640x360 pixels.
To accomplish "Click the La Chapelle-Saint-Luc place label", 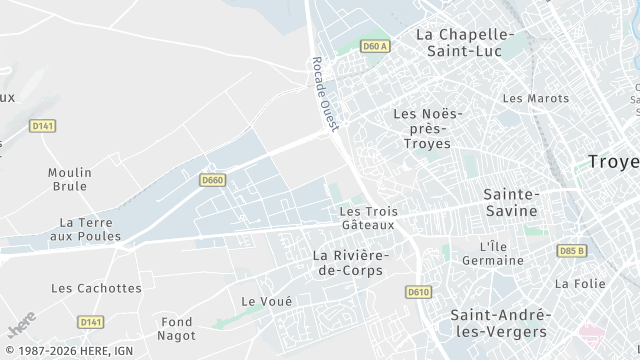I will point(464,42).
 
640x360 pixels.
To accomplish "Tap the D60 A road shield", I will point(374,46).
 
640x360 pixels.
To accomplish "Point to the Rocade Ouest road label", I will point(326,92).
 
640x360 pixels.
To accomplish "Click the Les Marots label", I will point(535,98).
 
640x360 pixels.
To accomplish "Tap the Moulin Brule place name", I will point(69,179).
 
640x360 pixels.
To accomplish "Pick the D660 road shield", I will point(211,180).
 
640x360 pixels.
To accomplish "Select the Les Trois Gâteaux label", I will point(368,218).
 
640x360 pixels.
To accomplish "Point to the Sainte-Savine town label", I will point(510,202).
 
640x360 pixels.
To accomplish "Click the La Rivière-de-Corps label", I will point(350,262).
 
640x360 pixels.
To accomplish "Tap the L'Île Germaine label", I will point(493,253).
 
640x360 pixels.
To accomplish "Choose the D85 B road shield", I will point(572,250).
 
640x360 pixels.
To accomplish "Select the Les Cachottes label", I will point(96,288).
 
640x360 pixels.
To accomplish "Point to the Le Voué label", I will point(267,301).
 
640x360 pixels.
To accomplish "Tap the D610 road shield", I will point(418,291).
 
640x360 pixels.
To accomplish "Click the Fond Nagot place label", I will point(177,328).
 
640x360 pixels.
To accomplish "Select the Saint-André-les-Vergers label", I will point(498,322).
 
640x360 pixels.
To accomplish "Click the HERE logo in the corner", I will point(22,325).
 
